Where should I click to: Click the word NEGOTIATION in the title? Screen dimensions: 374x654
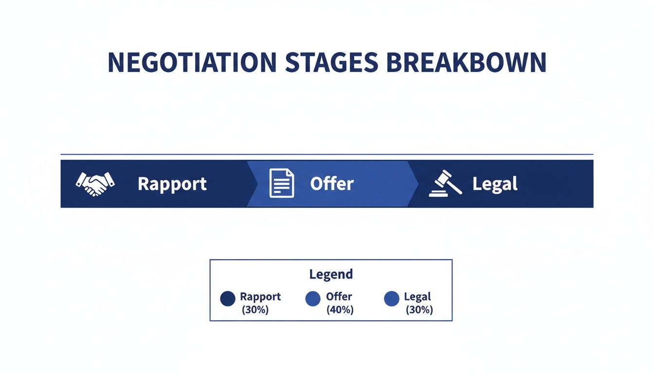click(192, 62)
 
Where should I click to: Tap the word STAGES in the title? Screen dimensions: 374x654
click(331, 62)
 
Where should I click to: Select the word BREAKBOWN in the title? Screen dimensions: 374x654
click(467, 62)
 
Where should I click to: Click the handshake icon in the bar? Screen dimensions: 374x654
click(95, 184)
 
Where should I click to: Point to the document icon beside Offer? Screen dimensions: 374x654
click(282, 184)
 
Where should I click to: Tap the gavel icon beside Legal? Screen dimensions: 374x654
click(445, 184)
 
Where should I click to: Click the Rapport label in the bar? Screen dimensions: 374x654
click(172, 184)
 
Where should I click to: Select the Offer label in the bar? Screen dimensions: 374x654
click(332, 184)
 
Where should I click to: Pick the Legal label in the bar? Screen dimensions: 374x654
click(495, 184)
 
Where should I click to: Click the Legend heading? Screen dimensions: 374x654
click(331, 274)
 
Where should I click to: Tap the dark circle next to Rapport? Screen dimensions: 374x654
click(228, 299)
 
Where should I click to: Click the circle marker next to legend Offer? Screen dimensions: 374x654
click(313, 299)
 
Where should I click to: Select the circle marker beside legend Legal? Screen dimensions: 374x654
click(392, 299)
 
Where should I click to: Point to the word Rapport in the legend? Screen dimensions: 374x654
click(260, 297)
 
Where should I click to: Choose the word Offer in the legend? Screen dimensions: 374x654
click(339, 297)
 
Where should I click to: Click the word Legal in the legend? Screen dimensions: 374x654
click(418, 297)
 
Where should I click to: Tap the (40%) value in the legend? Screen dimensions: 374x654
click(340, 310)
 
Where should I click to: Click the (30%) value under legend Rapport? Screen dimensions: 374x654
click(255, 310)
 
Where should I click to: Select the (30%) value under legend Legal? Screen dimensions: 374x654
click(418, 310)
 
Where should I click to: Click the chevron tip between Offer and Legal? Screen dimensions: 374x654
click(417, 184)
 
